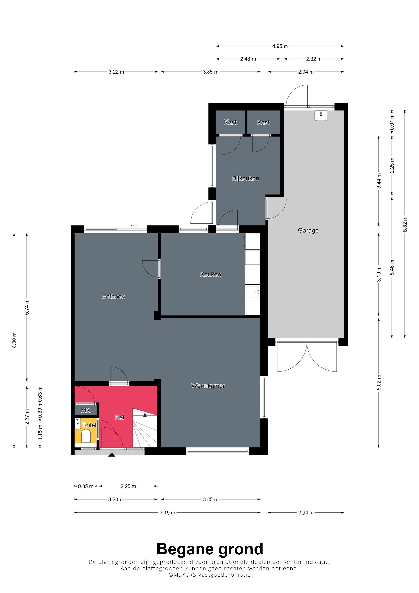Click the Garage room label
[x=308, y=230]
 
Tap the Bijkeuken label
[x=245, y=178]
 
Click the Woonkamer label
[x=208, y=386]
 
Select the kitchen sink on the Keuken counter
[x=253, y=292]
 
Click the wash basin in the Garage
[x=321, y=115]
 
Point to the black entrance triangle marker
[x=112, y=455]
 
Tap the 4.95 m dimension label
[x=280, y=46]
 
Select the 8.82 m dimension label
[x=405, y=224]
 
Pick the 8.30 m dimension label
[x=14, y=340]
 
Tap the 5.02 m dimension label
[x=379, y=382]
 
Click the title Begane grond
[x=210, y=549]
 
